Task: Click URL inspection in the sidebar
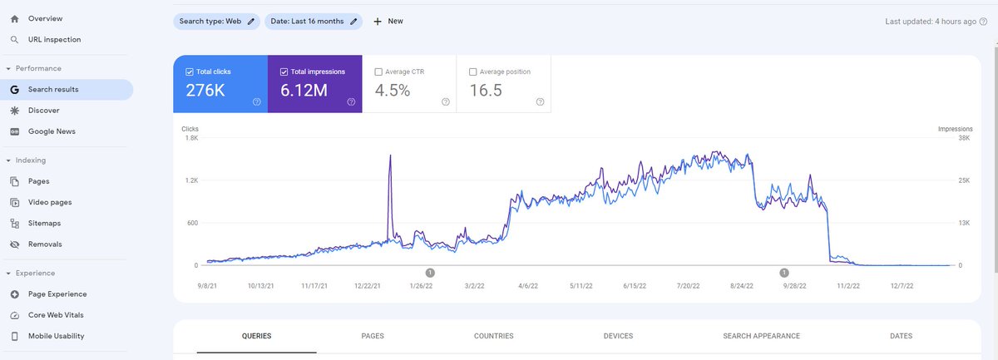[x=54, y=40]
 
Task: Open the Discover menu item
[x=43, y=111]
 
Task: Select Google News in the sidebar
[x=52, y=131]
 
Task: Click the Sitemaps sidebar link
[x=44, y=224]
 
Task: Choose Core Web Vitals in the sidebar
[x=56, y=315]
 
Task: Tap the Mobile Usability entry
[x=56, y=336]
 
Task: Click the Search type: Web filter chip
[x=216, y=21]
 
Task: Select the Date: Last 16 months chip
[x=314, y=21]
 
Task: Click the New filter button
[x=388, y=21]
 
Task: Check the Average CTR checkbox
[x=380, y=72]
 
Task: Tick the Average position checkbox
[x=474, y=72]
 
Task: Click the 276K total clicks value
[x=205, y=91]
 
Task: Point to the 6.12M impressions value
[x=304, y=91]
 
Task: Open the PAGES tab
[x=373, y=336]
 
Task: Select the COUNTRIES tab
[x=493, y=336]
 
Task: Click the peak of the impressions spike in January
[x=390, y=155]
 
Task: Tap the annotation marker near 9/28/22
[x=783, y=272]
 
